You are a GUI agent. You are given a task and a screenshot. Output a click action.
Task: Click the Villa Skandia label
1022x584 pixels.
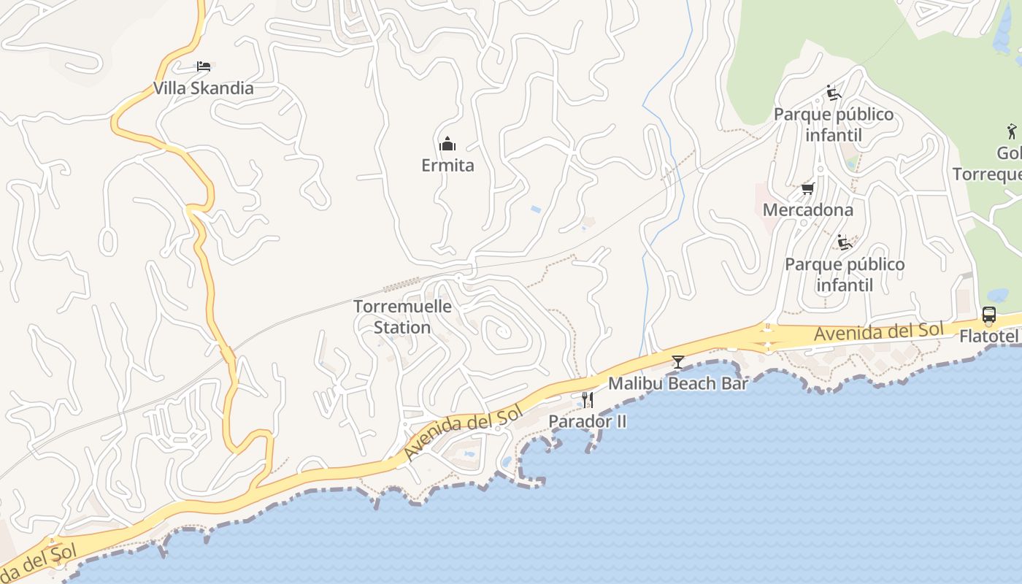203,88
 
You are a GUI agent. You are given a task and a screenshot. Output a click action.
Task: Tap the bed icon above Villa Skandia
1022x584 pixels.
204,66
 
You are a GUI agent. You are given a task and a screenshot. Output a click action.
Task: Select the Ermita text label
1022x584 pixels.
447,166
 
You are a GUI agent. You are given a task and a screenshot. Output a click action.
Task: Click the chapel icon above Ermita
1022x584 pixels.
447,144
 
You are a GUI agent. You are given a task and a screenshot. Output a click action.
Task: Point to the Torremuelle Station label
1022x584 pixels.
402,317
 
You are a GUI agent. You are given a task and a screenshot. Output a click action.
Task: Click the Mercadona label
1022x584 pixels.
807,210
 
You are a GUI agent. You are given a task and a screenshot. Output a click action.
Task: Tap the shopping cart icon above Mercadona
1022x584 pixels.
807,189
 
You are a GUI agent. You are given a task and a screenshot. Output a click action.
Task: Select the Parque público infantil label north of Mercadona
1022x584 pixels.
833,125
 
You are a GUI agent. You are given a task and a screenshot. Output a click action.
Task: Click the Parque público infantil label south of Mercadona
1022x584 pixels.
844,274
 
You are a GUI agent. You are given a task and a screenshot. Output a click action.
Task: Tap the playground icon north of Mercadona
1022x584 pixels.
833,93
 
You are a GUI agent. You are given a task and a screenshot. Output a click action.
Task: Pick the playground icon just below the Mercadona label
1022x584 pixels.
845,242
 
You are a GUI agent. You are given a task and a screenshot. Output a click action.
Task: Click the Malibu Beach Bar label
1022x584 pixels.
677,383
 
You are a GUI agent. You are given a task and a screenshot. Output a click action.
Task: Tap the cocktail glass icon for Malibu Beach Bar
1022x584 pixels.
678,361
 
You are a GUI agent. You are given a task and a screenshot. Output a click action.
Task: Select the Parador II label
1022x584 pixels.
587,421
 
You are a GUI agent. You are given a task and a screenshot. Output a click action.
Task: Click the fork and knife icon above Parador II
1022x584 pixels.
587,400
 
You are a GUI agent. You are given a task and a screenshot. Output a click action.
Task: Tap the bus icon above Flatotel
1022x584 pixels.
988,315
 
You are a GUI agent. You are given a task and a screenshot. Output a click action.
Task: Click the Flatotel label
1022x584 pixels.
989,337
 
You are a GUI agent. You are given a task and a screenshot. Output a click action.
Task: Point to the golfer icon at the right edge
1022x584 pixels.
1010,132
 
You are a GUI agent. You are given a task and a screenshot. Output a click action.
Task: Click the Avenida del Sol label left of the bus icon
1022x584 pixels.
878,331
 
